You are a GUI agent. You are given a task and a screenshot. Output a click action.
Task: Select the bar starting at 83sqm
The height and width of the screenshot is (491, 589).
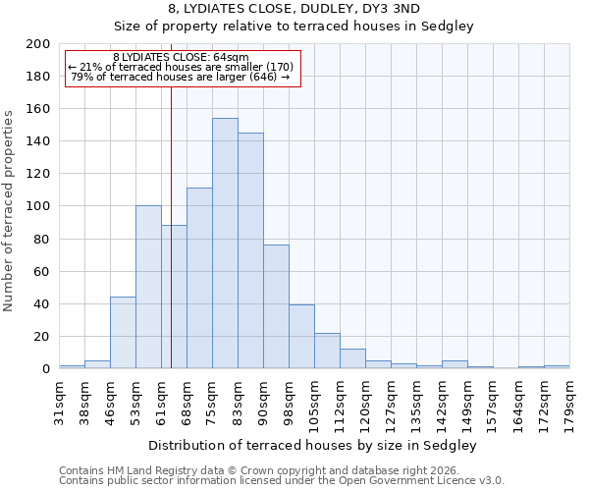pos(250,250)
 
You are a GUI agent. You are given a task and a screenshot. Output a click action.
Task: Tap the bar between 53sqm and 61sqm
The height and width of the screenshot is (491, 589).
pos(148,287)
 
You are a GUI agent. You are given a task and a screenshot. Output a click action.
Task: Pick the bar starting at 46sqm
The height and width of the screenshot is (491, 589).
pos(123,332)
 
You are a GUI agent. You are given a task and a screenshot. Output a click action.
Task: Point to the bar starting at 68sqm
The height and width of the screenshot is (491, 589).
pos(199,278)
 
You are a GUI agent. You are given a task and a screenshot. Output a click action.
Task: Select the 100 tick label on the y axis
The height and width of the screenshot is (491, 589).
pos(38,206)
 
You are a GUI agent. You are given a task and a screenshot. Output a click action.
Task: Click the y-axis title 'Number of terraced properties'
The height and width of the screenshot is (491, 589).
pos(9,210)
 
